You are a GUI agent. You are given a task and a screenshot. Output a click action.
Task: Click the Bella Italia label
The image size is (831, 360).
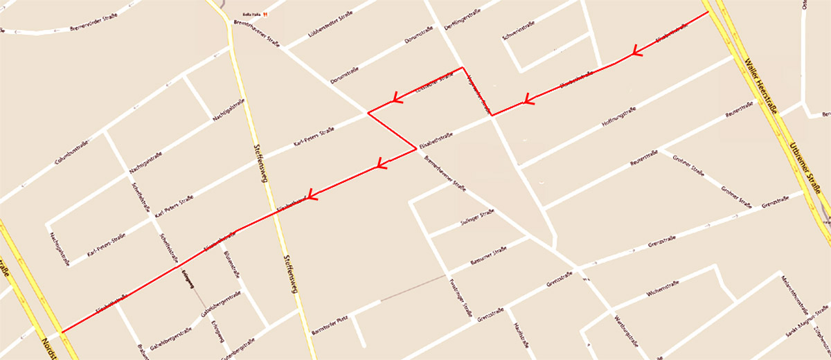tap(250, 14)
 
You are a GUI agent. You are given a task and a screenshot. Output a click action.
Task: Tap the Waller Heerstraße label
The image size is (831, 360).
tap(761, 83)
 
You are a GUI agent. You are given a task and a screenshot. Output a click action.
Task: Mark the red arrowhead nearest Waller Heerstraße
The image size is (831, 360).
tap(635, 53)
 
